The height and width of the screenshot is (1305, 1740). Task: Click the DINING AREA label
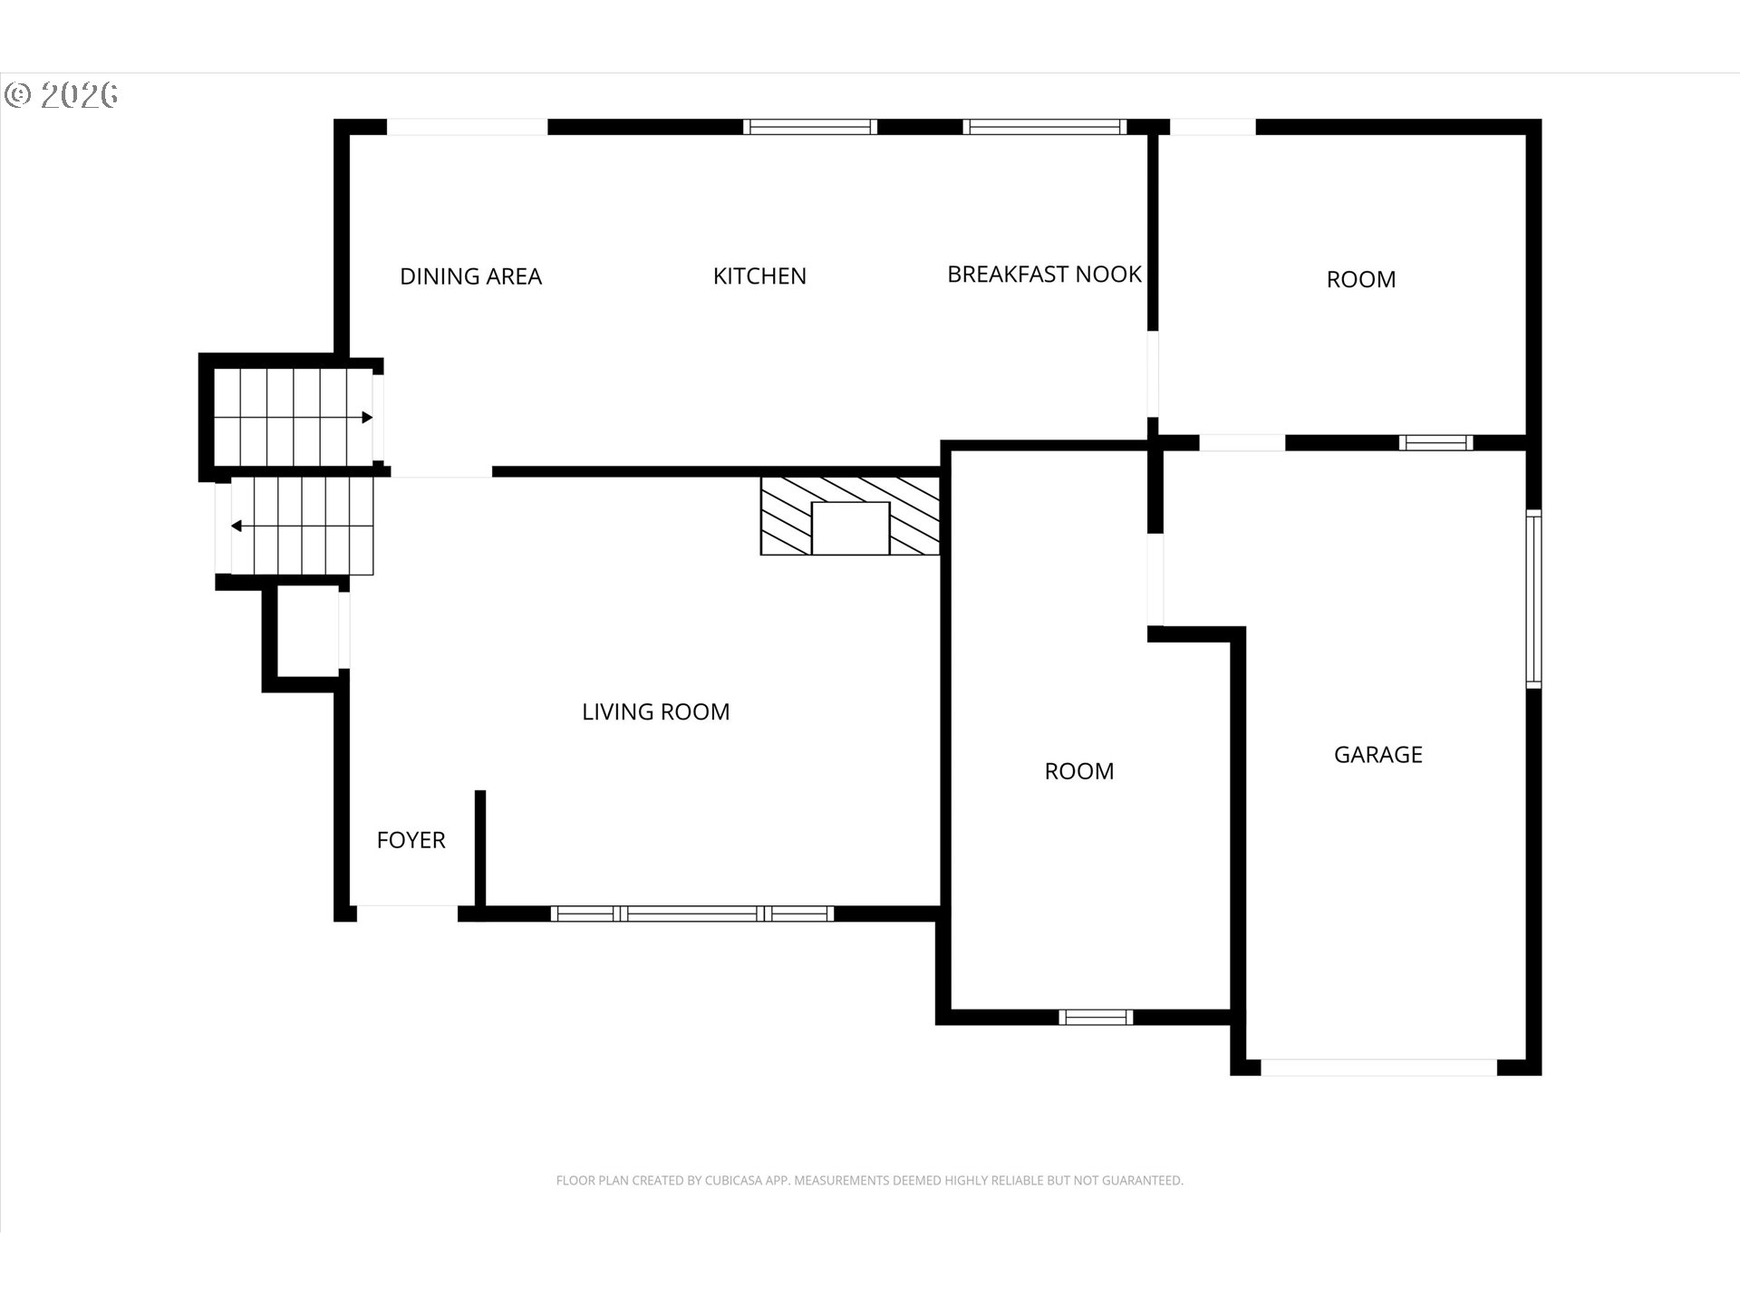point(470,276)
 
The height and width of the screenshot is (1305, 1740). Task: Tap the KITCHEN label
point(759,276)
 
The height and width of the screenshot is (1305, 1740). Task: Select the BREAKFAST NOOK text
point(1044,275)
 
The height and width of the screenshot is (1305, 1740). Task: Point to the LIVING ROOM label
point(655,712)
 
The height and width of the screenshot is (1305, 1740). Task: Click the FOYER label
point(411,840)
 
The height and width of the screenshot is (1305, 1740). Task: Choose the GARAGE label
point(1377,755)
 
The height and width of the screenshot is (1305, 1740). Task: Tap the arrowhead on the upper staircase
point(367,418)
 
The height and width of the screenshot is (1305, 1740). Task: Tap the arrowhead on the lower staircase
point(237,526)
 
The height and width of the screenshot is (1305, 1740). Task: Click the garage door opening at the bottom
point(1378,1068)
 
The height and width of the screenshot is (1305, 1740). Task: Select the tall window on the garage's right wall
point(1533,599)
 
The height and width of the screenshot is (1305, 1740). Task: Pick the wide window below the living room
point(692,913)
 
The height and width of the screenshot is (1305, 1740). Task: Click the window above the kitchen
point(810,127)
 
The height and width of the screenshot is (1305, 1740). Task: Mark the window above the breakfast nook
point(1044,127)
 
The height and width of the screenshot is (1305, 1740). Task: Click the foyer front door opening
point(407,913)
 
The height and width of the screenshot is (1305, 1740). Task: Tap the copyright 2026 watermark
point(62,95)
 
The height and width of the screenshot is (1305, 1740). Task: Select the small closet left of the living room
point(307,632)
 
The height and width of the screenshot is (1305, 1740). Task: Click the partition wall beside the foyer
point(480,848)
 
